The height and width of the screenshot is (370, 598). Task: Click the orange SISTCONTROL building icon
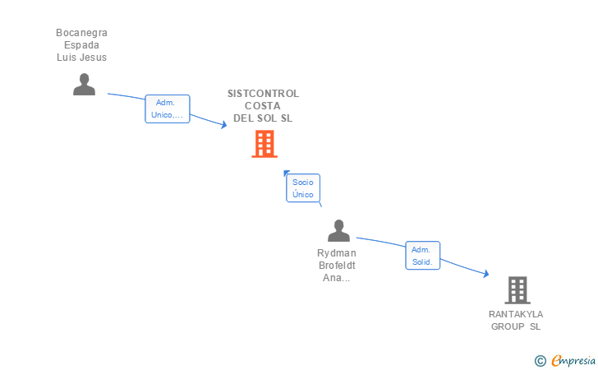pos(264,144)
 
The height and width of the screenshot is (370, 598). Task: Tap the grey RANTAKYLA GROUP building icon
pos(517,290)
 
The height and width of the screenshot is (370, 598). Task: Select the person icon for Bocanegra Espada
pos(84,85)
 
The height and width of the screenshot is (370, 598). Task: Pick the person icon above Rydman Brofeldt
pos(338,230)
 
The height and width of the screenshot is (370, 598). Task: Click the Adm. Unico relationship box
pos(168,109)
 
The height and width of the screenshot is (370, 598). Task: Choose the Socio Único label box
pos(303,187)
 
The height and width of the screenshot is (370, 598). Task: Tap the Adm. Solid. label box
pos(422,256)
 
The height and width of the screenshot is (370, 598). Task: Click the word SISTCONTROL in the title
pos(263,94)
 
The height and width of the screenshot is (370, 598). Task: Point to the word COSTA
pos(263,106)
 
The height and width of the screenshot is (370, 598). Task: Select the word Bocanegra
pos(81,33)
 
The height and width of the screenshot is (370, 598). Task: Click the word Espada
pos(81,45)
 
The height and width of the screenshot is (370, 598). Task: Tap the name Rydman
pos(337,253)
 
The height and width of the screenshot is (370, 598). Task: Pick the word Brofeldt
pos(337,266)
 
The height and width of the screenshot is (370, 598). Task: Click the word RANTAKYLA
pos(516,314)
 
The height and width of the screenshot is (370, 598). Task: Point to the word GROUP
pos(508,326)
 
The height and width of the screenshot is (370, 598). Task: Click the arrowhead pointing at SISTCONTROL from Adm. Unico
pos(224,125)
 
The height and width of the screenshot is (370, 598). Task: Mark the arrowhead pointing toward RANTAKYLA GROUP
pos(486,274)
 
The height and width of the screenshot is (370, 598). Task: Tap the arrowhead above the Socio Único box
pos(286,173)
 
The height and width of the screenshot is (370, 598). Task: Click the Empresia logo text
pos(573,361)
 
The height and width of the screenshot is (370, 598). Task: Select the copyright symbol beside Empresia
pos(540,361)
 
